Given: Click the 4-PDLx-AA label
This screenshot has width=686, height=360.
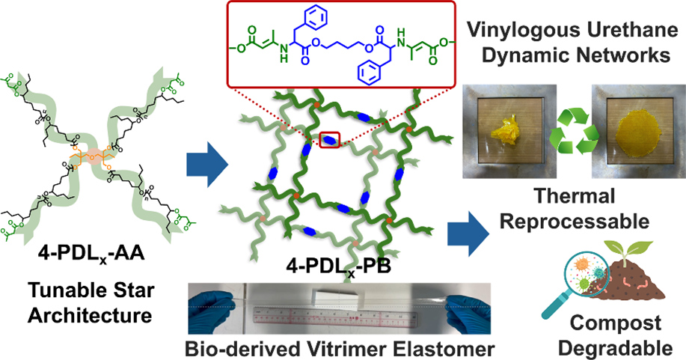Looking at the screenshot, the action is [91, 254].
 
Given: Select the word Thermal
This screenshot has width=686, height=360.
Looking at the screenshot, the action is [575, 196].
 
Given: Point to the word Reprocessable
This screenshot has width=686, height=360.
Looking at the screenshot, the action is [575, 222].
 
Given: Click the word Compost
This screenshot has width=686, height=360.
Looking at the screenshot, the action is [616, 323].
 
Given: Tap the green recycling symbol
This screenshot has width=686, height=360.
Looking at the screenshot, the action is [574, 131].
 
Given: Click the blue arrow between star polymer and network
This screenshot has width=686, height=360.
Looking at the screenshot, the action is [207, 166].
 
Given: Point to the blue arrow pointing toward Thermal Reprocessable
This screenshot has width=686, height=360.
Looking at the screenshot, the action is [468, 234].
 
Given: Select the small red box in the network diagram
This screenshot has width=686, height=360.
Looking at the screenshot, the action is [329, 140].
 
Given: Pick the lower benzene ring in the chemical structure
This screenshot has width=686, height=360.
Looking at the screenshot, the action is [368, 72].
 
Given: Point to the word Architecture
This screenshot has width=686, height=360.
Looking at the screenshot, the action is [90, 315].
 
